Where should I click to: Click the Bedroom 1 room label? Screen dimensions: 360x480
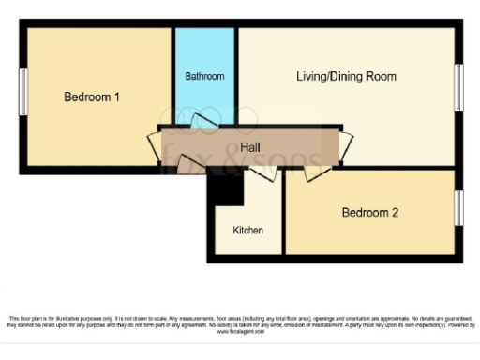[x=91, y=97]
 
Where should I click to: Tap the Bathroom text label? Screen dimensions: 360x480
[x=204, y=76]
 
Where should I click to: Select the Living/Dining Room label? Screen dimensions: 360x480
[x=347, y=76]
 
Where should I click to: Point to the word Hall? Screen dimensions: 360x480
[x=250, y=148]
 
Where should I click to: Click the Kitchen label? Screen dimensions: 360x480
[x=247, y=230]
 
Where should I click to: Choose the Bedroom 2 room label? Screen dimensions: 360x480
[x=370, y=213]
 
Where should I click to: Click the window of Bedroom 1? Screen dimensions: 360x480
[x=22, y=92]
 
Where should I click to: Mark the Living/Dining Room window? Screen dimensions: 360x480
[x=458, y=89]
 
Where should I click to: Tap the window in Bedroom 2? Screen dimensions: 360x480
[x=458, y=208]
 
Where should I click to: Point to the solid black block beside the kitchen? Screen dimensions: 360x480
[x=226, y=187]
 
